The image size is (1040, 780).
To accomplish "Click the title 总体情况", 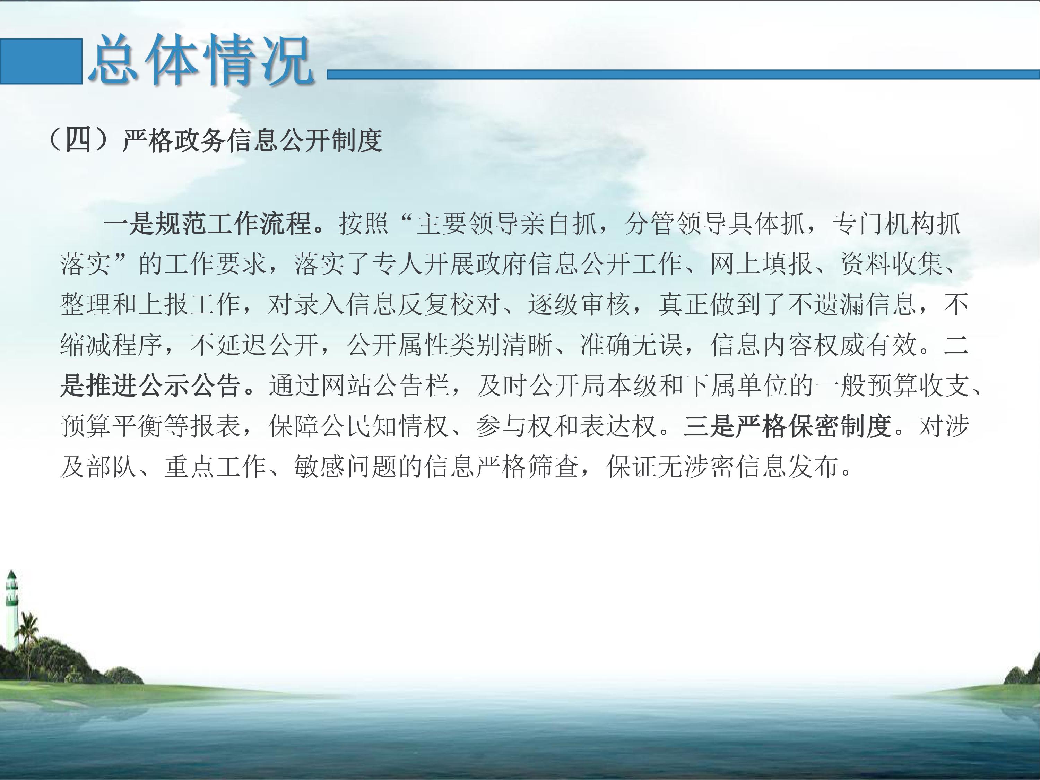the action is [201, 60].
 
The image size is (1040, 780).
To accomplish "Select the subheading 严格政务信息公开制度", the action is [252, 140].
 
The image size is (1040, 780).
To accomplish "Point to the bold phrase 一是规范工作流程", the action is [208, 223].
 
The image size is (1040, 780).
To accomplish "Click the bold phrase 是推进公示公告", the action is [151, 386].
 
